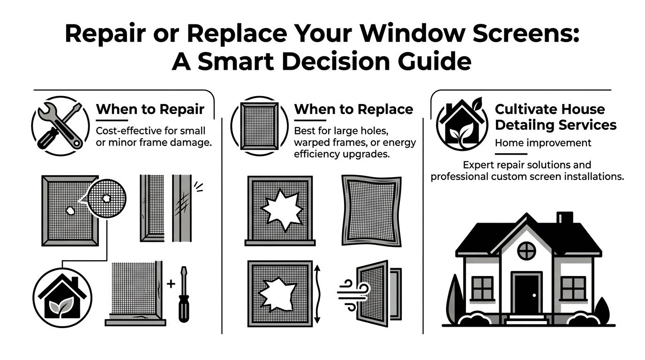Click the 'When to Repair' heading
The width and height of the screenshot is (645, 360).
tap(150, 110)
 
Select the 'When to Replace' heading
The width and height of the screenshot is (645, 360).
tap(353, 110)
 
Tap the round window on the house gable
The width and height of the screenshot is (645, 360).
tap(526, 250)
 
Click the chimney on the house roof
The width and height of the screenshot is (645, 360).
tap(565, 218)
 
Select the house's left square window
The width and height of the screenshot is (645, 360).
tap(482, 288)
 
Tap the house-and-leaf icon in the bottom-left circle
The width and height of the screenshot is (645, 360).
tap(62, 297)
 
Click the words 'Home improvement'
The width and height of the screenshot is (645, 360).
tap(543, 142)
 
